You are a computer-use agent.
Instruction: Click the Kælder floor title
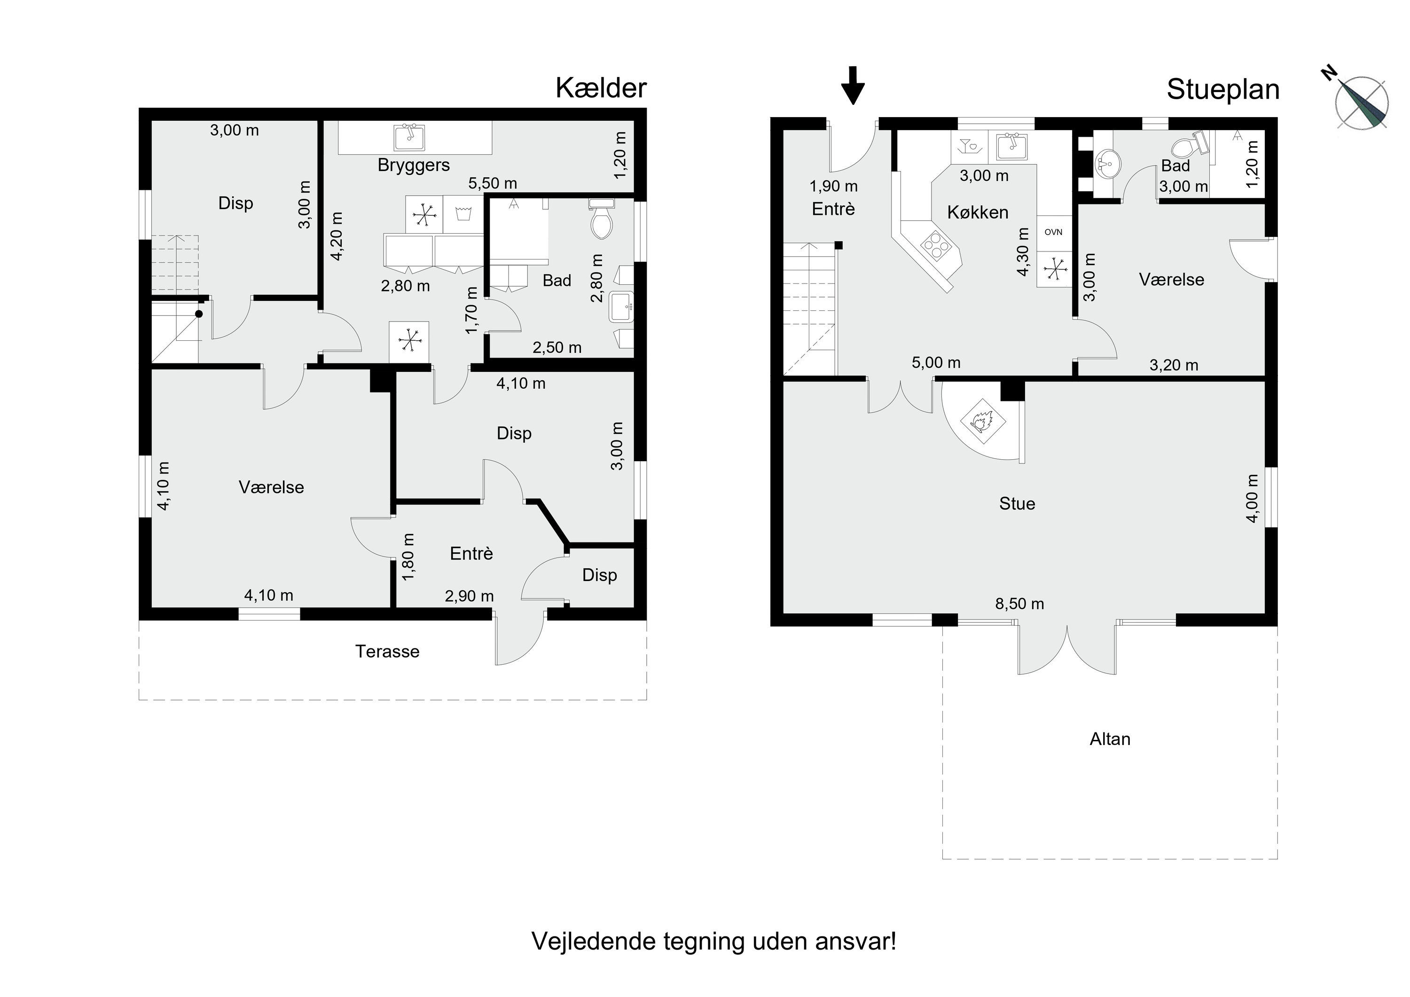pyautogui.click(x=601, y=88)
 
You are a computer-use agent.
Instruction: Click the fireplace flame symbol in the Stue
pyautogui.click(x=981, y=421)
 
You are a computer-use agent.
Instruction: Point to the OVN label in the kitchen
pyautogui.click(x=1053, y=232)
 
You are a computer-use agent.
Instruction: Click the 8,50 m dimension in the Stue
pyautogui.click(x=1019, y=604)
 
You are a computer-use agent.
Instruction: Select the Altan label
pyautogui.click(x=1110, y=739)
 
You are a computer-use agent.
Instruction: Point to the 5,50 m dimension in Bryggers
pyautogui.click(x=493, y=183)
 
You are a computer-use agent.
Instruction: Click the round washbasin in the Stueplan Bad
pyautogui.click(x=1107, y=164)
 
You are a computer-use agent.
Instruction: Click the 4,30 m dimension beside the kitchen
pyautogui.click(x=1023, y=252)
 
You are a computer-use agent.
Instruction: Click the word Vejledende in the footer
pyautogui.click(x=593, y=941)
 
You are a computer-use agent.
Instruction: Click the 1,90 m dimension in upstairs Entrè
pyautogui.click(x=833, y=186)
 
